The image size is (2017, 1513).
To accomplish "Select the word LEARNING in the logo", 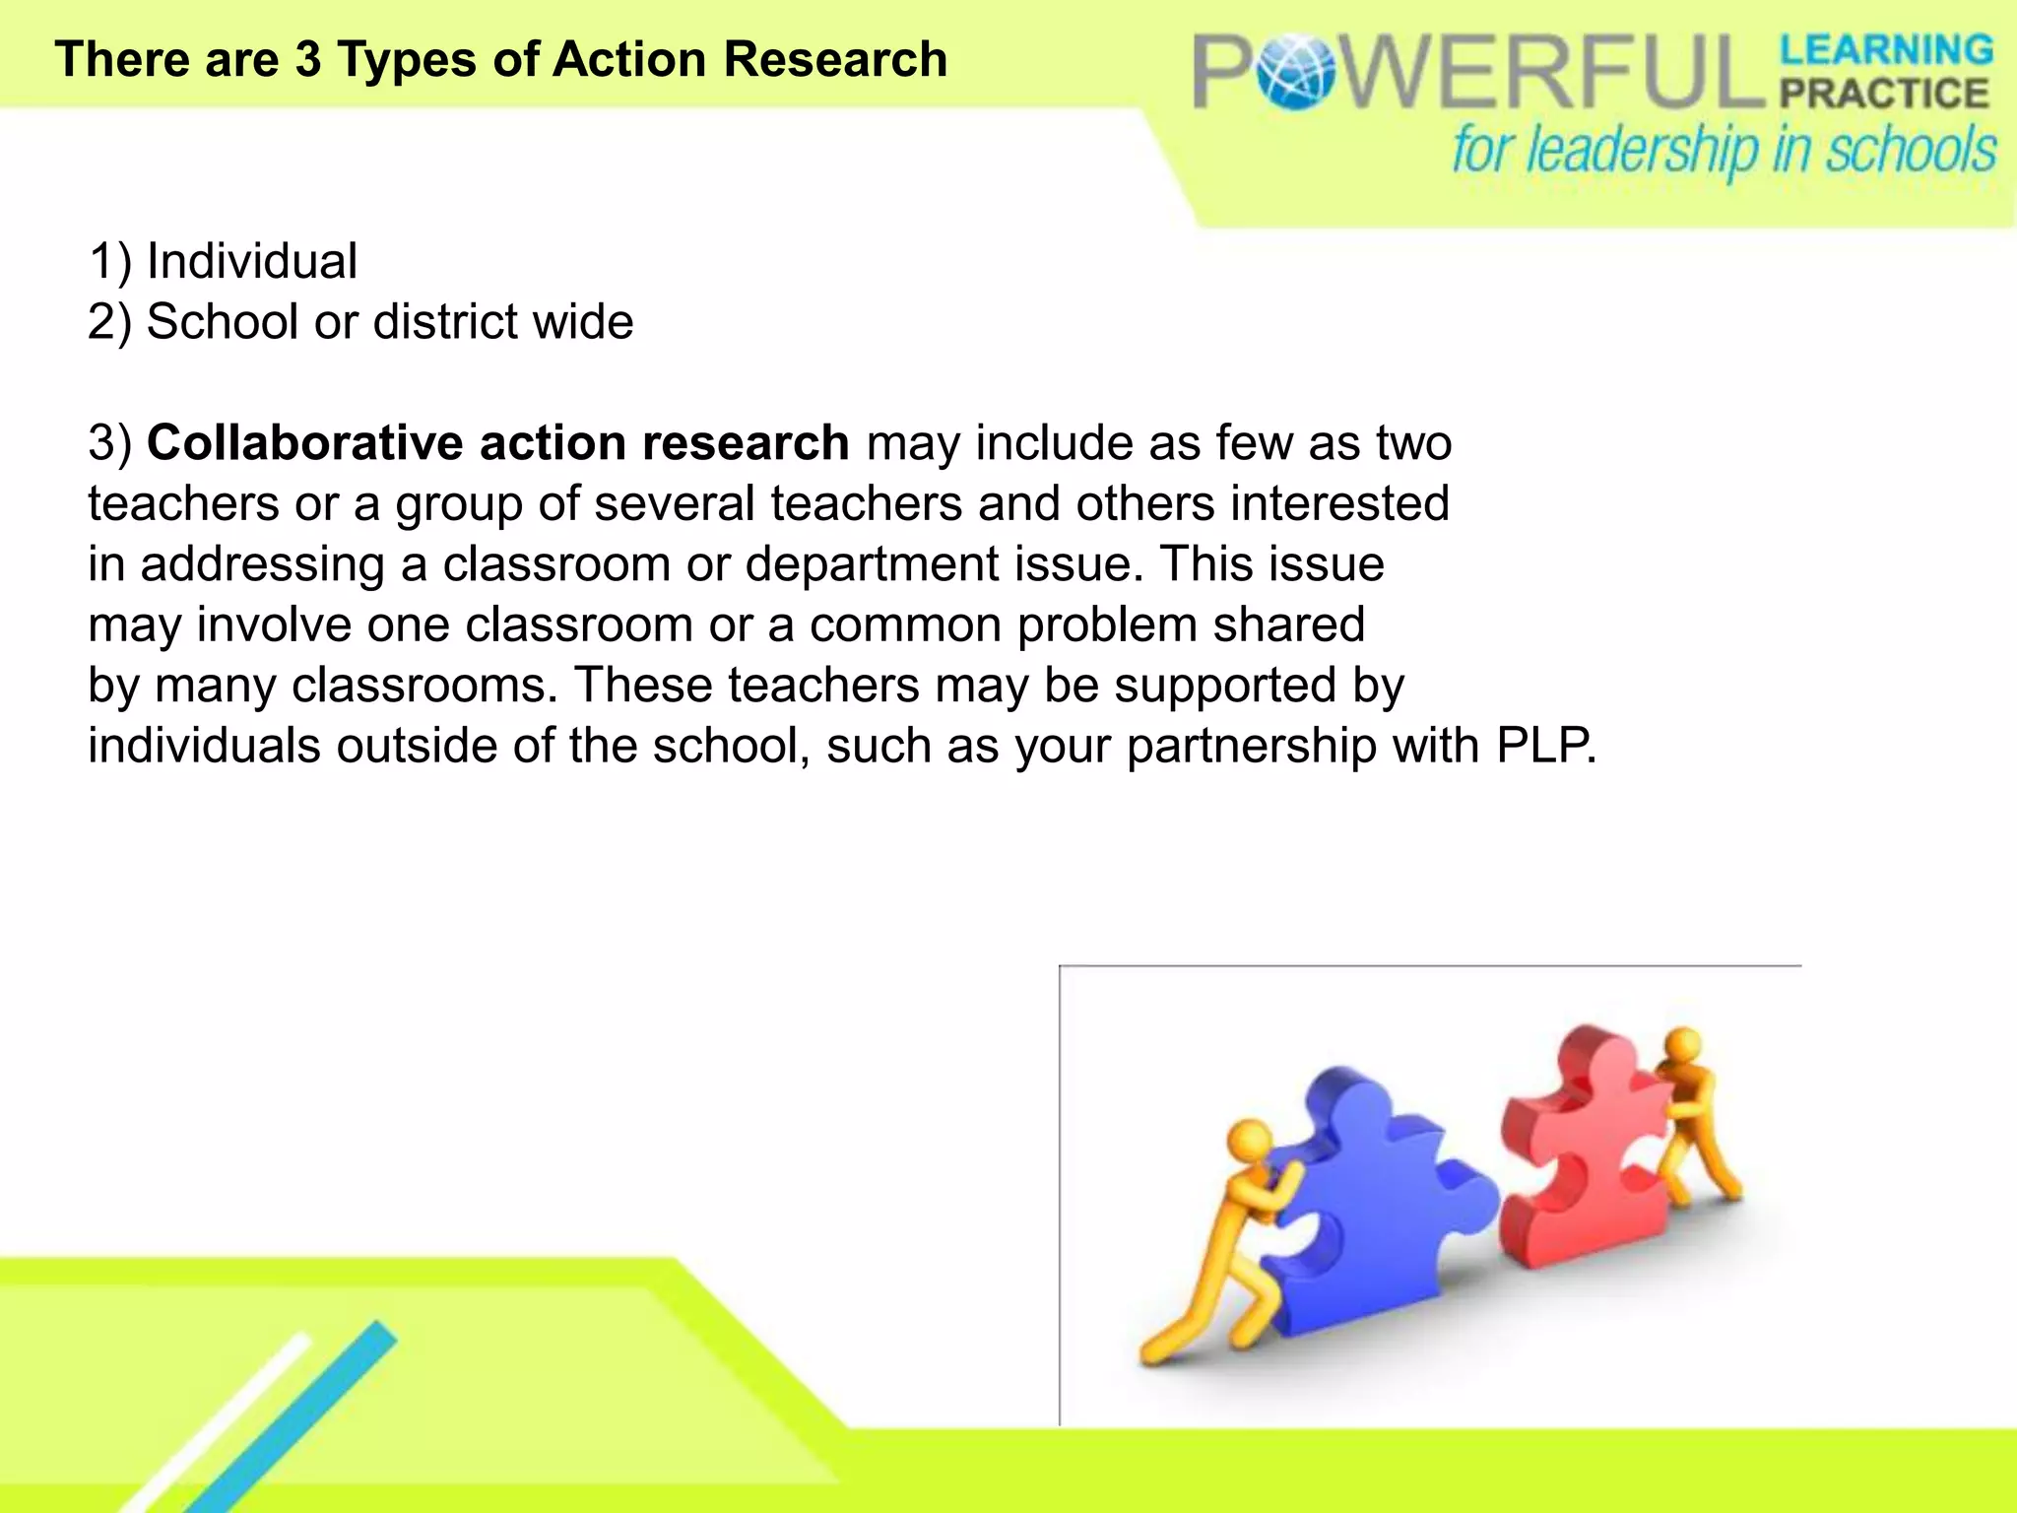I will pos(1886,49).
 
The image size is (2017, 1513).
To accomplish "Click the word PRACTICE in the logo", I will pos(1884,94).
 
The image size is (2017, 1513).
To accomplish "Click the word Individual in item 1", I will pos(252,262).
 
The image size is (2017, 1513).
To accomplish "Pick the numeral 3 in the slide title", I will pos(308,59).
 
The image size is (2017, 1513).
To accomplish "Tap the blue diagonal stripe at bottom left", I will pos(295,1418).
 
